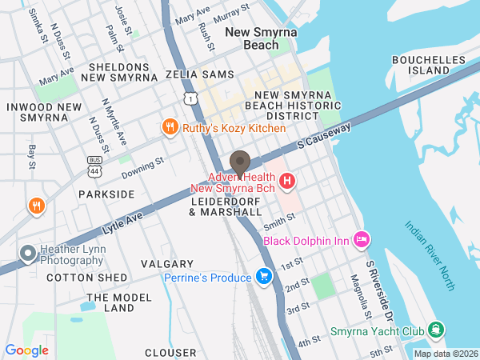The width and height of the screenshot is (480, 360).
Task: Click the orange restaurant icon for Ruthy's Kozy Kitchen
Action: pyautogui.click(x=170, y=127)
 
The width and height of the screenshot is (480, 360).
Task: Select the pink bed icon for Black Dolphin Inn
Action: pyautogui.click(x=361, y=238)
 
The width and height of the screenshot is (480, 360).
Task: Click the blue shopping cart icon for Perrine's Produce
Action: pyautogui.click(x=264, y=277)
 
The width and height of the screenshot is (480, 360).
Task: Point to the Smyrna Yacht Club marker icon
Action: pyautogui.click(x=435, y=330)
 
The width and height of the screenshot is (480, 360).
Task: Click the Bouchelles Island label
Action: pyautogui.click(x=429, y=65)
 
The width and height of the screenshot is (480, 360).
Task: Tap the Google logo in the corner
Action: pyautogui.click(x=26, y=350)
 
